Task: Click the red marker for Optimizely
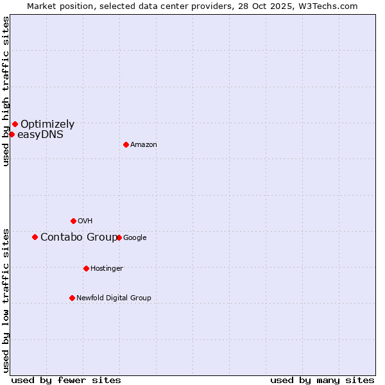point(15,124)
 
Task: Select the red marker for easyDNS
point(12,134)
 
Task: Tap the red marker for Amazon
point(126,144)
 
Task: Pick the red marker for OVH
point(73,221)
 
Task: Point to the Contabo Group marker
point(35,237)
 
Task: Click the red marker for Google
point(119,237)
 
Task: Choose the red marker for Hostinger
point(86,268)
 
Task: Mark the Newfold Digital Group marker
point(72,298)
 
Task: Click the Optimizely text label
point(47,124)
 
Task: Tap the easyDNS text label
point(40,135)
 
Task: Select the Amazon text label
point(144,145)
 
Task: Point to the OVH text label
point(85,221)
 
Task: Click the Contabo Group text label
point(79,237)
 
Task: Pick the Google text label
point(135,238)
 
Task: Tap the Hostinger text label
point(107,269)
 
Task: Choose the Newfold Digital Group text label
point(114,298)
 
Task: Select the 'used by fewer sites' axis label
point(66,380)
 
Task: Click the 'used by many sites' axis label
point(322,380)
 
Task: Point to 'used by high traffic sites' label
point(6,91)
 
